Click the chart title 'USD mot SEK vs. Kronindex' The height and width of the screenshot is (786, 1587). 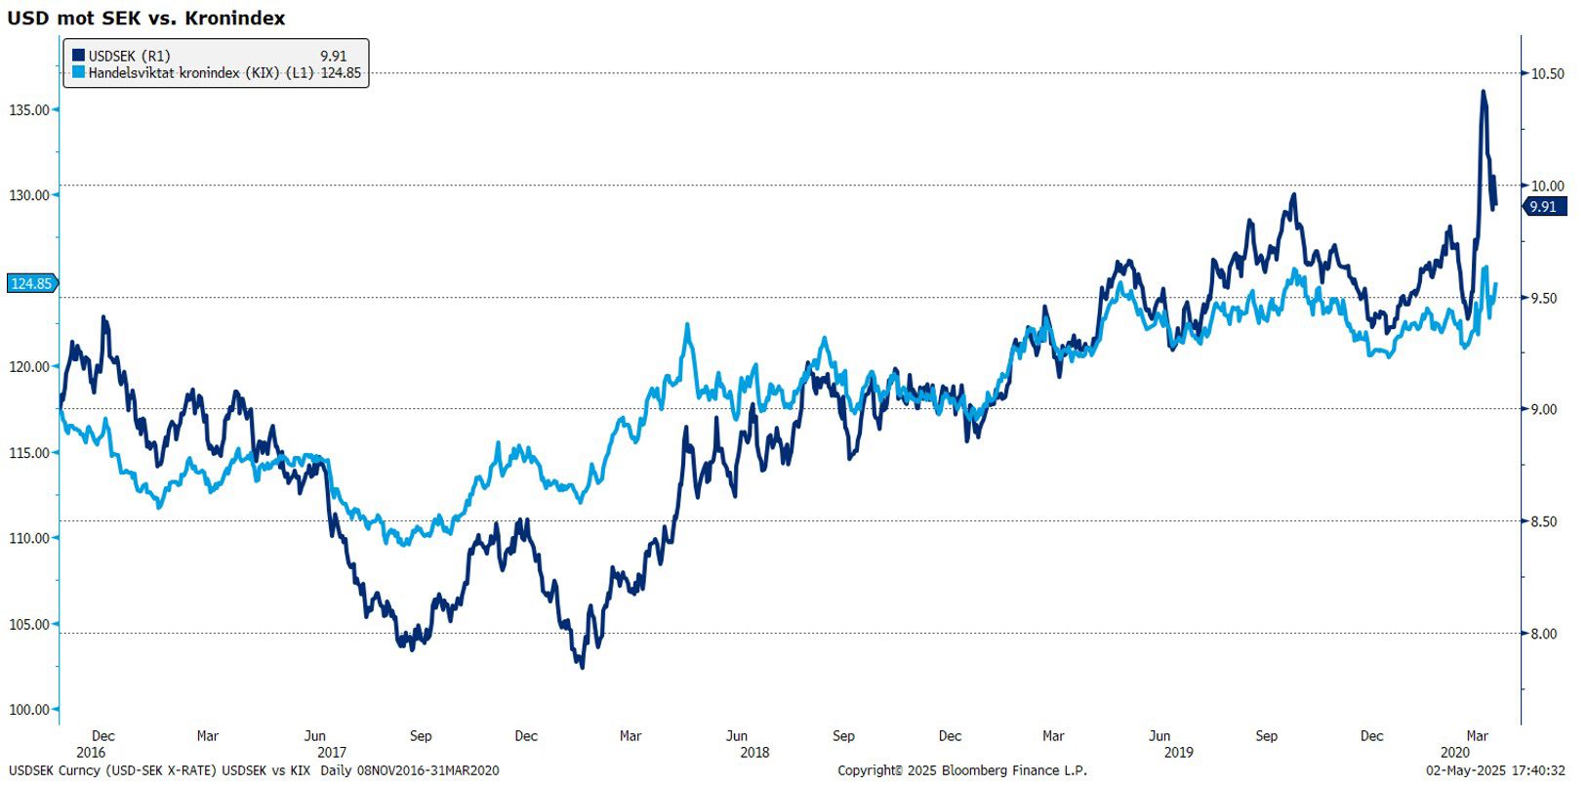tap(146, 18)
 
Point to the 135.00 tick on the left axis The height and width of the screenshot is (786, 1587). tap(29, 109)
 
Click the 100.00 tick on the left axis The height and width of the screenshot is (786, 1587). tap(29, 709)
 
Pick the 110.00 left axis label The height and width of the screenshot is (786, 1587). tap(29, 538)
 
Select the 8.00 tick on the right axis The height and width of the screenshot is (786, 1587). tap(1544, 634)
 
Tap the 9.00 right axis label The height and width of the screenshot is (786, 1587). tap(1544, 409)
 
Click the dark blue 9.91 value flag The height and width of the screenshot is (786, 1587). tap(1543, 206)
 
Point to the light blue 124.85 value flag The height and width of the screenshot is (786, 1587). tap(31, 283)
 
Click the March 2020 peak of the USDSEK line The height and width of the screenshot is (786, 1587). tap(1483, 92)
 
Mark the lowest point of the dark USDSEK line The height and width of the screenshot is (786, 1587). tap(583, 667)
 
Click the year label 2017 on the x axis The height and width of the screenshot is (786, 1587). tap(332, 752)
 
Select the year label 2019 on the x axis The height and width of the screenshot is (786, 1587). tap(1178, 752)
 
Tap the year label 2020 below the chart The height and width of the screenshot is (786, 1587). tap(1454, 752)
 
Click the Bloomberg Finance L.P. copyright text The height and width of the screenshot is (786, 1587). tap(961, 770)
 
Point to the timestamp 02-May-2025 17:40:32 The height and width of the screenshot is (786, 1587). tap(1495, 770)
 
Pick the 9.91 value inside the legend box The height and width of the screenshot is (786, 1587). tap(333, 56)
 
